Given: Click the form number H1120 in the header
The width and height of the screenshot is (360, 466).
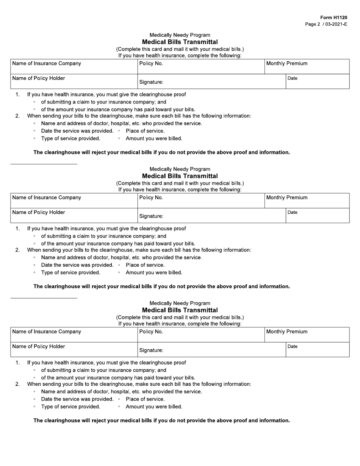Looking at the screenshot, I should pyautogui.click(x=333, y=18).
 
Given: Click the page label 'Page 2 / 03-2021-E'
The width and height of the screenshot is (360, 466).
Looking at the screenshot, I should pyautogui.click(x=326, y=24).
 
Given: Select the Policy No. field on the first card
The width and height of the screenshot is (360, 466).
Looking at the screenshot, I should pyautogui.click(x=201, y=67).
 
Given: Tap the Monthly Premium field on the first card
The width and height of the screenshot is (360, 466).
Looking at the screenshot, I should pyautogui.click(x=307, y=67).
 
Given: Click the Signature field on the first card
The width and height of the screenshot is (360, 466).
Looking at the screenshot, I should pyautogui.click(x=212, y=81).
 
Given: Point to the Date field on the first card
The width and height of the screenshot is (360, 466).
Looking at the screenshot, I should pyautogui.click(x=318, y=81).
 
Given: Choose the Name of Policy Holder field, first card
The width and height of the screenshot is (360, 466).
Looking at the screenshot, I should pyautogui.click(x=74, y=81).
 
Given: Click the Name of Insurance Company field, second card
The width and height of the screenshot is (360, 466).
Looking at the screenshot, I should pyautogui.click(x=74, y=201).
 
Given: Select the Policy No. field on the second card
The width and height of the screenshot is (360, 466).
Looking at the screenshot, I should pyautogui.click(x=201, y=201).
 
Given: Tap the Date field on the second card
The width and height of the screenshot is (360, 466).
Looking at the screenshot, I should pyautogui.click(x=318, y=216).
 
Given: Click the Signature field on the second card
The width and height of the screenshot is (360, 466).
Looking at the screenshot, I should pyautogui.click(x=212, y=216).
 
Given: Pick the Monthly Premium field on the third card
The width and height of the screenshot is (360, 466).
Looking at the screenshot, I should pyautogui.click(x=307, y=335).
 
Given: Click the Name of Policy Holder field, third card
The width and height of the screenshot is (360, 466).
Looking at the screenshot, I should pyautogui.click(x=74, y=350).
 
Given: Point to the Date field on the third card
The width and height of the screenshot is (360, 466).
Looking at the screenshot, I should pyautogui.click(x=318, y=350).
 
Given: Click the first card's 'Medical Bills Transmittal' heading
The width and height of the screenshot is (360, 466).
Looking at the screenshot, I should pyautogui.click(x=180, y=42).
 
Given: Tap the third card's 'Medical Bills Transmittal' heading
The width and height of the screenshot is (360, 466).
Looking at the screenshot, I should pyautogui.click(x=180, y=310).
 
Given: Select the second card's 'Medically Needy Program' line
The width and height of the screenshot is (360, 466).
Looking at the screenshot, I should pyautogui.click(x=180, y=169).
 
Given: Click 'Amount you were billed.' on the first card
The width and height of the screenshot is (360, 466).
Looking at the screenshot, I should pyautogui.click(x=154, y=139).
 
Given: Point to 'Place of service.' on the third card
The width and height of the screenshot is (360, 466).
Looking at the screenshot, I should pyautogui.click(x=145, y=399).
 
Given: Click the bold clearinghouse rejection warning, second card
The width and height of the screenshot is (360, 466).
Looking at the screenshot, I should pyautogui.click(x=162, y=286).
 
